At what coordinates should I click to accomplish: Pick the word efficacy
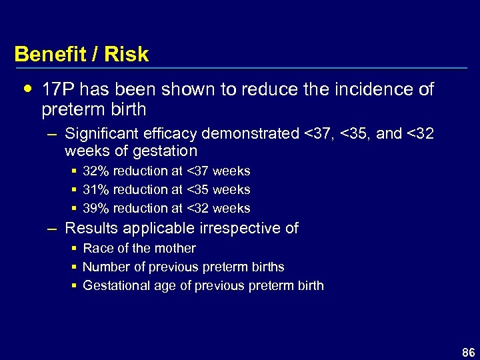pos(171,134)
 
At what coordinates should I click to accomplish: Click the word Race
pos(96,249)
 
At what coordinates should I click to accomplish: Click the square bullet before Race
pos(74,249)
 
